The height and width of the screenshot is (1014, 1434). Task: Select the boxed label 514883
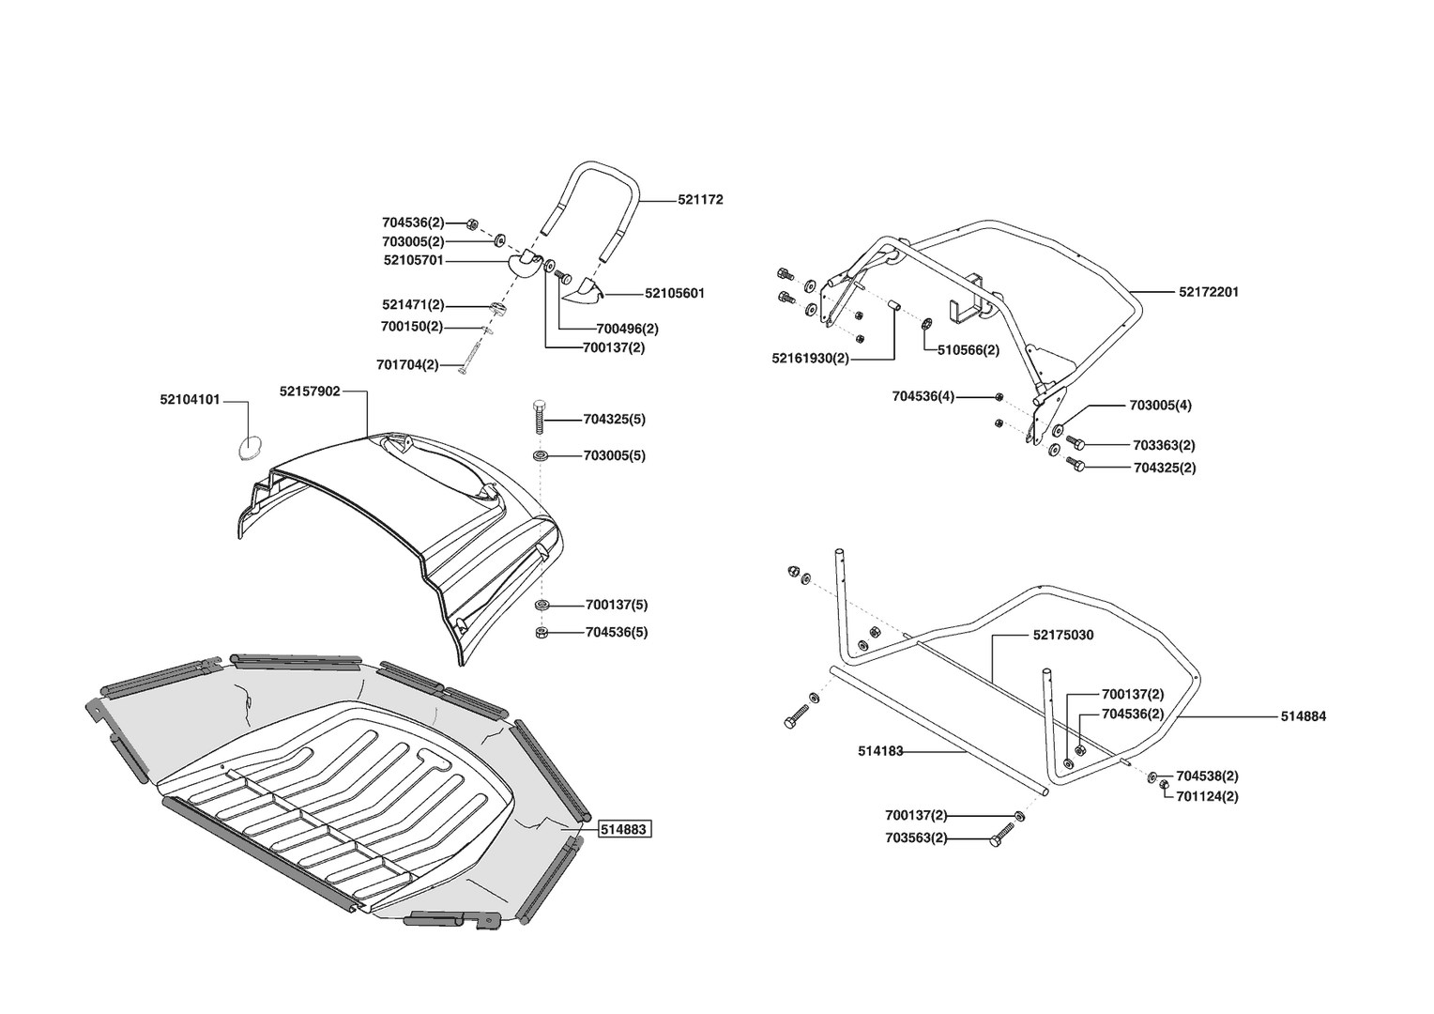625,830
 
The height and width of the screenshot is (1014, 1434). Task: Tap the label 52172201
1209,292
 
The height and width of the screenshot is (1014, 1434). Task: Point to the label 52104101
190,399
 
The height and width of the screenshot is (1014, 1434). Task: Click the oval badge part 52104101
250,448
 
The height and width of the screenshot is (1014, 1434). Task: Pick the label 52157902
310,391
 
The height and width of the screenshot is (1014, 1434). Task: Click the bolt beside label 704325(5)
540,416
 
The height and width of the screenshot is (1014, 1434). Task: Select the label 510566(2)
969,349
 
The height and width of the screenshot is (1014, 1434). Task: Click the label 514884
1304,716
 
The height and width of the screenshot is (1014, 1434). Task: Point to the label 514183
880,750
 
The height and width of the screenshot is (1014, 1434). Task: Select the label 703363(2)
1164,445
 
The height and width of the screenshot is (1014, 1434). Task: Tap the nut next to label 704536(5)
542,633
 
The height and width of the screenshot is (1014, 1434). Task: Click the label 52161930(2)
811,358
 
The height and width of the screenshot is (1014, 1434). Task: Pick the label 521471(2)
413,305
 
